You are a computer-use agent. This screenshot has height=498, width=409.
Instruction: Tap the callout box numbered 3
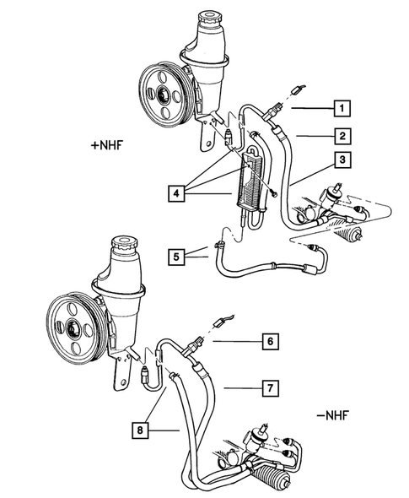click(341, 160)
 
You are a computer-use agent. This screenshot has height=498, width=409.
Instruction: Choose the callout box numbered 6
click(269, 342)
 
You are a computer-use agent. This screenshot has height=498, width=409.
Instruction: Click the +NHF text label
click(107, 144)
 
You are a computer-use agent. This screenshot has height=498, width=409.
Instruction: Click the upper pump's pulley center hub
click(159, 89)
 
